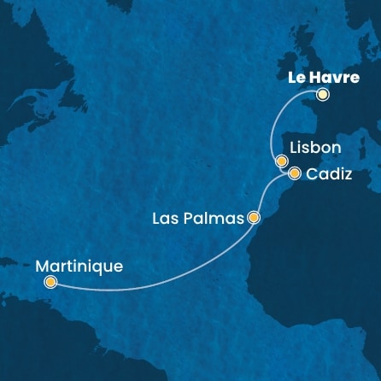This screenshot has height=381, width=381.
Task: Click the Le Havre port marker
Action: [x=322, y=96]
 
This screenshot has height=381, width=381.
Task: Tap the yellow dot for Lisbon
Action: [x=280, y=160]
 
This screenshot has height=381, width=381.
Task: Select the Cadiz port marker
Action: [x=295, y=173]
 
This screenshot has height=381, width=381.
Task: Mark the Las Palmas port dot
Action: [x=253, y=218]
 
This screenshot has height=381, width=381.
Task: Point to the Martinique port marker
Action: [x=51, y=281]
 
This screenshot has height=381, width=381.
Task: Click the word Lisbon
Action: [x=315, y=148]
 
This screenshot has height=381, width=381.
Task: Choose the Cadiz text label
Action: [x=328, y=174]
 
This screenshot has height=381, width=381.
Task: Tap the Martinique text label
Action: [x=79, y=266]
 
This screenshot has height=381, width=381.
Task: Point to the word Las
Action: [x=164, y=219]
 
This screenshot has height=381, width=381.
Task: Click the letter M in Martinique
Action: [x=44, y=266]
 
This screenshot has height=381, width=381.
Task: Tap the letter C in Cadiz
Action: [x=311, y=174]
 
